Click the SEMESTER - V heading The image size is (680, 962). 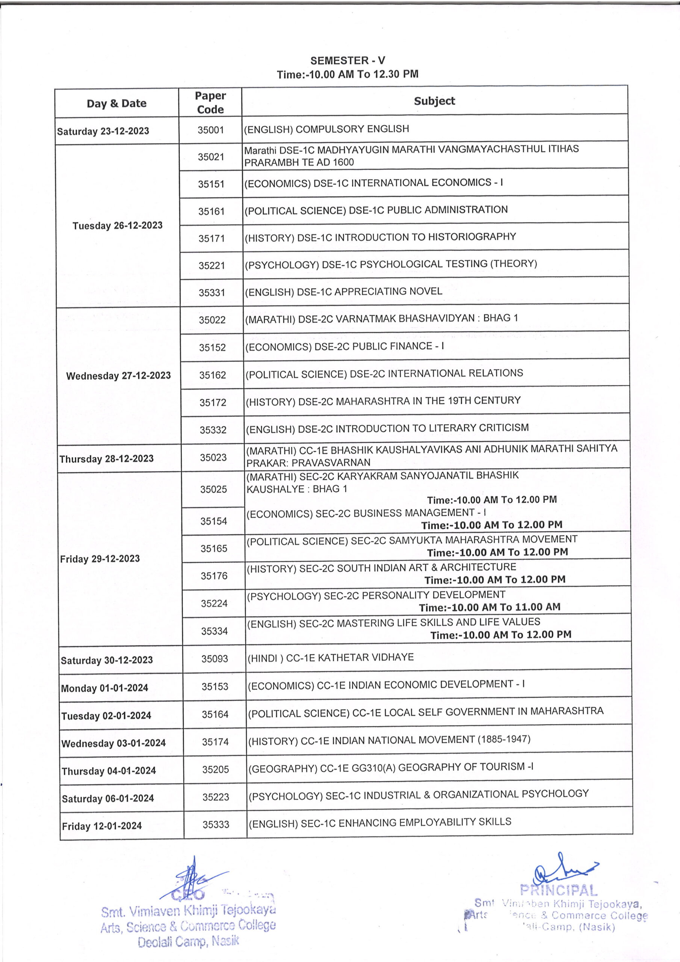tap(348, 61)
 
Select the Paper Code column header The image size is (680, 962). tap(210, 103)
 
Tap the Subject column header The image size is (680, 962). tap(434, 101)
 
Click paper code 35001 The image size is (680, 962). tap(211, 130)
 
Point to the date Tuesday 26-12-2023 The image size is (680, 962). tap(117, 225)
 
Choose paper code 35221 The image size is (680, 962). tap(212, 266)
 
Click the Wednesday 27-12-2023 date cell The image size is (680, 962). tap(119, 375)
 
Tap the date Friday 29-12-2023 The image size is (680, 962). tap(100, 558)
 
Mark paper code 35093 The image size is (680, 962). tap(215, 659)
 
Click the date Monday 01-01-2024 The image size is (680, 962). tap(104, 688)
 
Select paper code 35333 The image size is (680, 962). tap(216, 824)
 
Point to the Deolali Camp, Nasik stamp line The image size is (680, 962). tap(188, 941)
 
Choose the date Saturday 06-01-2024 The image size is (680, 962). tap(108, 798)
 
